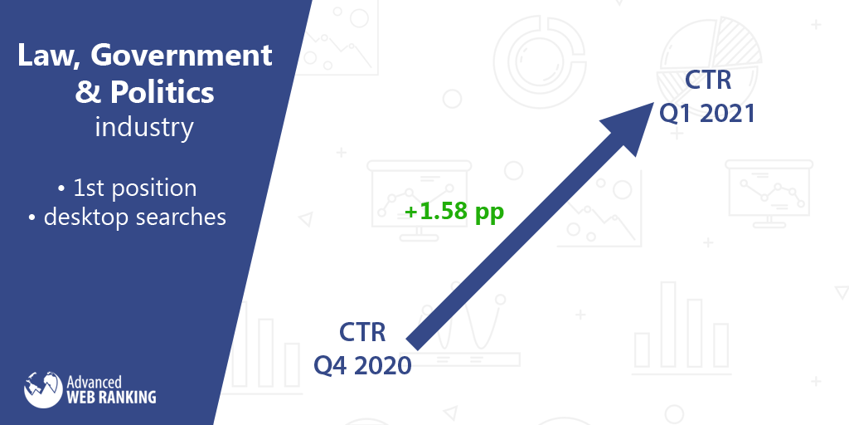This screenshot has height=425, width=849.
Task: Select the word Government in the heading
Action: pos(181,55)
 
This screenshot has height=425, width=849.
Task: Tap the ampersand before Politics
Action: pos(86,92)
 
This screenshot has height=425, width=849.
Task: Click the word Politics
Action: pos(163,92)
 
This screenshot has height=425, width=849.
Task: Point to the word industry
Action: pos(144,127)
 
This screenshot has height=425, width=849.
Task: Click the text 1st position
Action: pos(135,188)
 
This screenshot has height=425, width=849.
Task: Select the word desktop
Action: pos(86,217)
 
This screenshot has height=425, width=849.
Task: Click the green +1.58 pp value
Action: pos(454,212)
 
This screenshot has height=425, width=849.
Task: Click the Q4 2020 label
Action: pos(363,366)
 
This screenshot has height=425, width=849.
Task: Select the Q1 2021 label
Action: pos(707,113)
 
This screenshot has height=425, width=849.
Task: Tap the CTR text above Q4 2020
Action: pos(363,332)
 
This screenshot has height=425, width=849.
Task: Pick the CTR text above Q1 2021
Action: pos(708,80)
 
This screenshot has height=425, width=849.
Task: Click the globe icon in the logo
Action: pos(43,390)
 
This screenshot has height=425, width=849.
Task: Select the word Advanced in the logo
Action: pos(94,382)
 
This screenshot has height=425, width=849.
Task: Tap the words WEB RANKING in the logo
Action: pos(111,398)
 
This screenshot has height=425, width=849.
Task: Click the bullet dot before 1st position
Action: pos(61,190)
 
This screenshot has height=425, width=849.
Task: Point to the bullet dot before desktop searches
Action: pos(32,218)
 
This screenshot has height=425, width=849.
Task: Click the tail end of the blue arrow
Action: pos(414,343)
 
